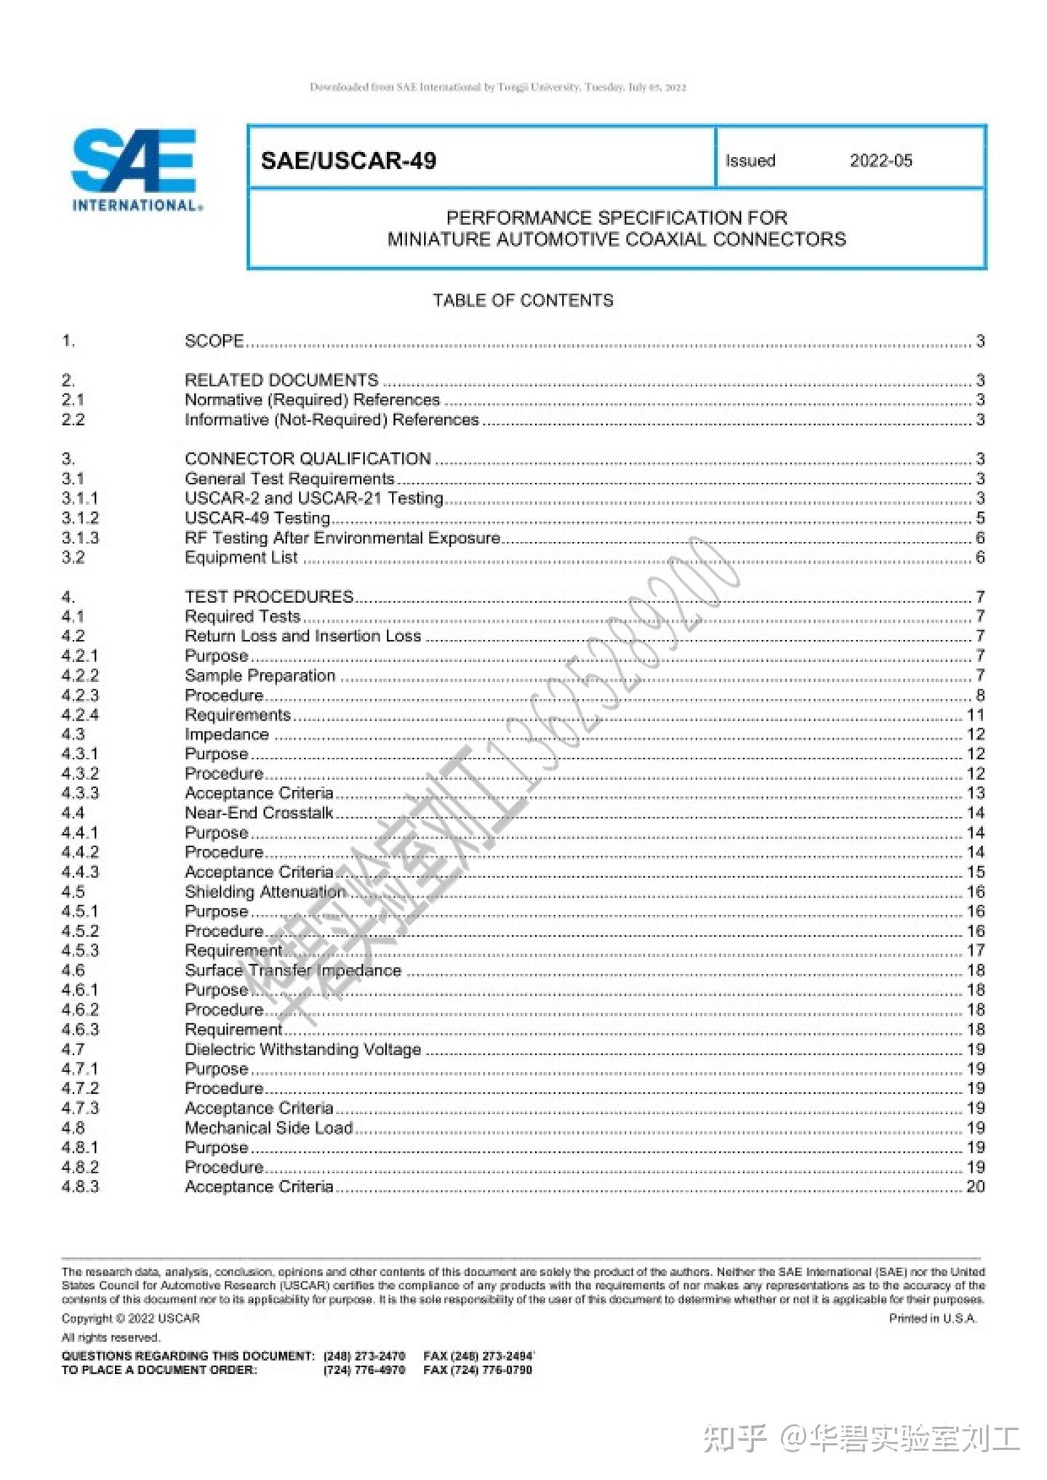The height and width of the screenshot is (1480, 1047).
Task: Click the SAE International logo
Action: tap(135, 170)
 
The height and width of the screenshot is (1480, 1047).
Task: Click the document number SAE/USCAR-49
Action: tap(348, 161)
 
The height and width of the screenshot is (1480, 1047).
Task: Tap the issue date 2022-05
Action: tap(880, 161)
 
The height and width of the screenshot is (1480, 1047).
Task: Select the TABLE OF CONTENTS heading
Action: tap(523, 300)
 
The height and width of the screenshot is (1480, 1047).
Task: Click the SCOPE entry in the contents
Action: tap(214, 341)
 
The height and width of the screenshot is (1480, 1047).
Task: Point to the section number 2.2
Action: tap(73, 420)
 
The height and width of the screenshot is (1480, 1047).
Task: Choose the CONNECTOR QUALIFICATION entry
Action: tap(308, 459)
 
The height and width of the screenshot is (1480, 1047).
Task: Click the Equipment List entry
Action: tap(241, 558)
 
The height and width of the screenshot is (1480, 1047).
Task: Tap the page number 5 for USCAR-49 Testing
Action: tap(979, 519)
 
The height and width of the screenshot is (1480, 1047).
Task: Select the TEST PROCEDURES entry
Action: tap(269, 597)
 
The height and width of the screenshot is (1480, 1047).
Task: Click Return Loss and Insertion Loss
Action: tap(302, 636)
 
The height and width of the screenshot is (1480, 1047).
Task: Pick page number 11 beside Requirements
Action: tap(975, 715)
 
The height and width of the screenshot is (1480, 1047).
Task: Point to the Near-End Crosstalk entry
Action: tap(259, 813)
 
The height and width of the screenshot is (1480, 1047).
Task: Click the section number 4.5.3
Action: tap(80, 951)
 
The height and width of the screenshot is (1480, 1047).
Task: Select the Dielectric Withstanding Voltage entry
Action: tap(302, 1049)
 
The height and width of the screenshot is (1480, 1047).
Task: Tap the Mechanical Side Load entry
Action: tap(268, 1128)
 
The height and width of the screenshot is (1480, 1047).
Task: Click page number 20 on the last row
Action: tap(975, 1187)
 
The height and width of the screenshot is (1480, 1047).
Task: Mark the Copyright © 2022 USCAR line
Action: tap(130, 1319)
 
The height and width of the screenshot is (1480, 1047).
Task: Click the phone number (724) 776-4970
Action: tap(364, 1370)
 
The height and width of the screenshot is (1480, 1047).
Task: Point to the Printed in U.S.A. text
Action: tap(933, 1319)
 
